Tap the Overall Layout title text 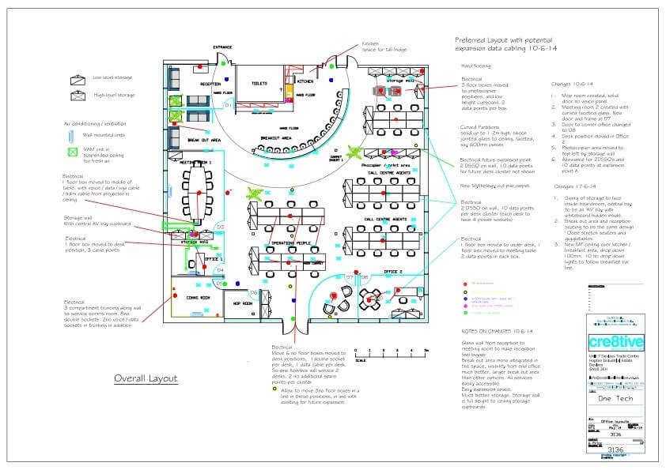(146, 378)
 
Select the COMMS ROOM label (198, 298)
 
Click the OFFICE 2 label (393, 272)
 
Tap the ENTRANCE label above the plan (222, 47)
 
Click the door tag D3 (221, 227)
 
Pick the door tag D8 (365, 277)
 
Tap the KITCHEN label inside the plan (305, 81)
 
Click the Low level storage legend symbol (80, 78)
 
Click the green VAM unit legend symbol (74, 150)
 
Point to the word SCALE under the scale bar (360, 361)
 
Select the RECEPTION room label (210, 83)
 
